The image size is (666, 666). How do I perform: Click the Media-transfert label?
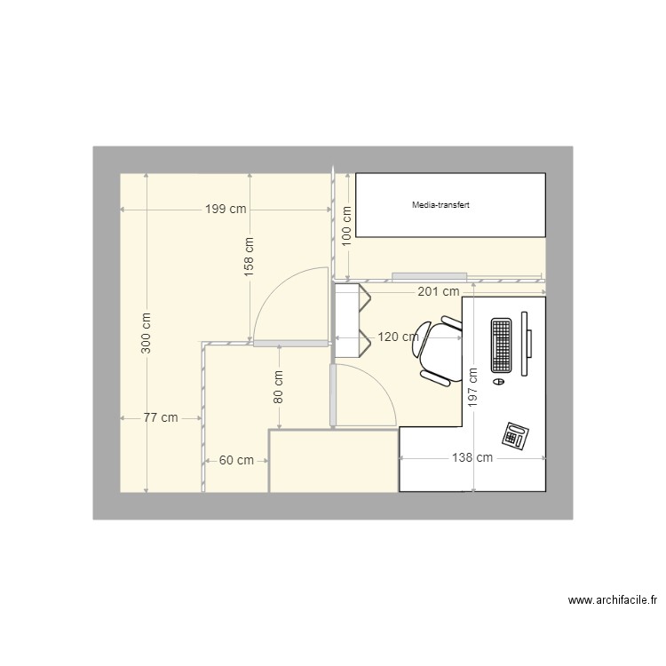(440, 205)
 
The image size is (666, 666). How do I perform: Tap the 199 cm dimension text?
(226, 210)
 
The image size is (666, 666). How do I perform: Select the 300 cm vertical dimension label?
(147, 332)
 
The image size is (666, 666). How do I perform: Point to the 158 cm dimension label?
(250, 254)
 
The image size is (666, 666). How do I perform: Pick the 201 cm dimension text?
(438, 291)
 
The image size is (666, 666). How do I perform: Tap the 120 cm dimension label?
(399, 337)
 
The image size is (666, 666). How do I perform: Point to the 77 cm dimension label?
(161, 417)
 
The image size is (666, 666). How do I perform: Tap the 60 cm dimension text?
(236, 460)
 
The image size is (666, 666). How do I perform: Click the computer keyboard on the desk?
(501, 345)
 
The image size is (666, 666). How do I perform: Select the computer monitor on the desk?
(526, 342)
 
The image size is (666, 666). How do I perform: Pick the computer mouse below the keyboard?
(498, 381)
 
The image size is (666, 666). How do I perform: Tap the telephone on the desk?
(516, 434)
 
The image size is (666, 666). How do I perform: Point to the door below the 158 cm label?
(289, 343)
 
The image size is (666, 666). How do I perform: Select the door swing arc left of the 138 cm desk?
(373, 391)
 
